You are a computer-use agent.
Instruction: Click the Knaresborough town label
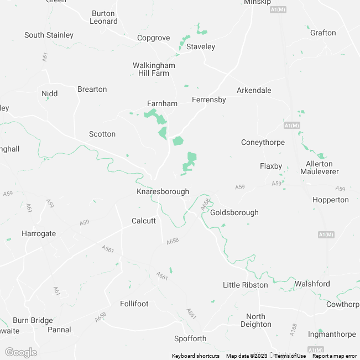[x=163, y=191]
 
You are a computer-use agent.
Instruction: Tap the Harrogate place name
[x=39, y=233]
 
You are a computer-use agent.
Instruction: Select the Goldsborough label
[x=234, y=212]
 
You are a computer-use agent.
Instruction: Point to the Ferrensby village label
[x=209, y=100]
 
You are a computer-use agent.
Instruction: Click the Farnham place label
[x=162, y=103]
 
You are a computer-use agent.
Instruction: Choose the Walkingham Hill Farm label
[x=154, y=69]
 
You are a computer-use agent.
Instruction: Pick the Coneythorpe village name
[x=263, y=142]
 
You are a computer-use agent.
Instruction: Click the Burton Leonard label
[x=104, y=17]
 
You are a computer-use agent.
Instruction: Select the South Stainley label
[x=49, y=35]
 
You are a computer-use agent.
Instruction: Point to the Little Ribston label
[x=245, y=285]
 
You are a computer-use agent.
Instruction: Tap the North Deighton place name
[x=256, y=320]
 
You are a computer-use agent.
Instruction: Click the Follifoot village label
[x=134, y=304]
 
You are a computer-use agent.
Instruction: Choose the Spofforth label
[x=190, y=338]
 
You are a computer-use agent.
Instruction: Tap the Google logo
[x=20, y=352]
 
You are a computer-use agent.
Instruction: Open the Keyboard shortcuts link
[x=195, y=356]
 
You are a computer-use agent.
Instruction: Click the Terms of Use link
[x=290, y=356]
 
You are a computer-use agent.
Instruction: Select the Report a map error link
[x=335, y=356]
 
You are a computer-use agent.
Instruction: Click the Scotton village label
[x=102, y=134]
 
